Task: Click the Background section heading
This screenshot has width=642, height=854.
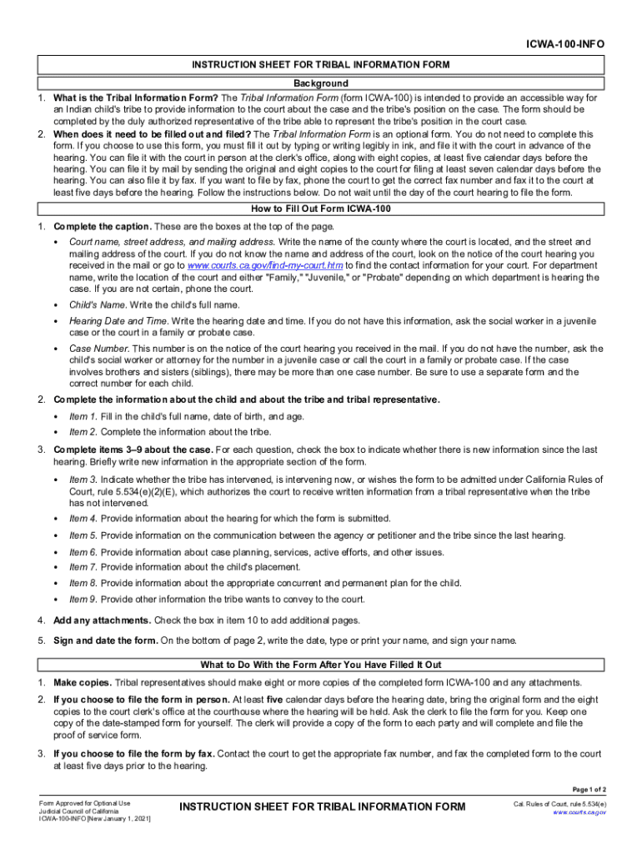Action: [321, 83]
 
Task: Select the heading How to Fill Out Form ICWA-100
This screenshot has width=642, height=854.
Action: [321, 208]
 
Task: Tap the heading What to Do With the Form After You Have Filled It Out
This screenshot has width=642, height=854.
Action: [321, 665]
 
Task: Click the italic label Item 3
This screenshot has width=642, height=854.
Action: [83, 480]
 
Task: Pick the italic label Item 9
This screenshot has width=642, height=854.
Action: [83, 599]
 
